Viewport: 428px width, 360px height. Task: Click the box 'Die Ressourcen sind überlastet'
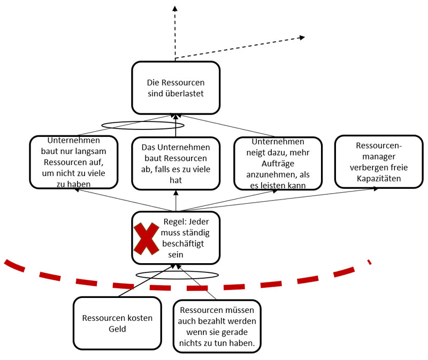(x=175, y=87)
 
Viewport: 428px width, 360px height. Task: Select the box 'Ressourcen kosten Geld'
(x=117, y=323)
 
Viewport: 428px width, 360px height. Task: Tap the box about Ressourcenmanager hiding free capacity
(x=378, y=162)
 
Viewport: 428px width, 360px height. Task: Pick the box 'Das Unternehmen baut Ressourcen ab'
(x=175, y=163)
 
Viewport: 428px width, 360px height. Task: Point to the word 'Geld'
(x=117, y=329)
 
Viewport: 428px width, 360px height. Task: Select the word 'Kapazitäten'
(x=378, y=178)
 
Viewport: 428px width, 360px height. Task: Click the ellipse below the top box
(x=143, y=125)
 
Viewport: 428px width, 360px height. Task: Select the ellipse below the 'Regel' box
(x=177, y=274)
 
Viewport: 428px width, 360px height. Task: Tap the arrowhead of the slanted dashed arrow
(x=302, y=37)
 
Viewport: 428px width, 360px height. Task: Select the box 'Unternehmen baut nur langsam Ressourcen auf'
(x=74, y=163)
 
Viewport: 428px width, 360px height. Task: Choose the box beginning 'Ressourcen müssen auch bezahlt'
(x=217, y=325)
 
